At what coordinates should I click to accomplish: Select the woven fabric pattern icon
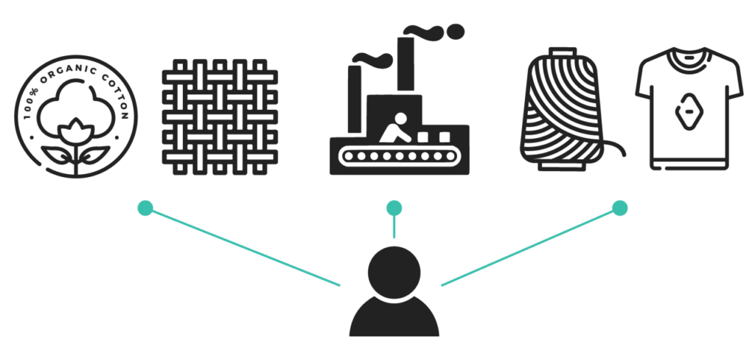point(220,117)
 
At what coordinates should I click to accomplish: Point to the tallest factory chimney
point(404,66)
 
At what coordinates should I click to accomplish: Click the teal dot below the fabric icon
point(146,208)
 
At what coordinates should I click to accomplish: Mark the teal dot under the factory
point(394,208)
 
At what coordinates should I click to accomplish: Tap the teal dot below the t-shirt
point(620,208)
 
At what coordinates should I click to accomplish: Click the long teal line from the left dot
point(243,246)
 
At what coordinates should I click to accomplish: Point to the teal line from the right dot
point(529,246)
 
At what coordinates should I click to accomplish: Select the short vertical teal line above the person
point(394,227)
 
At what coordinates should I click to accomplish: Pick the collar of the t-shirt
point(688,55)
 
